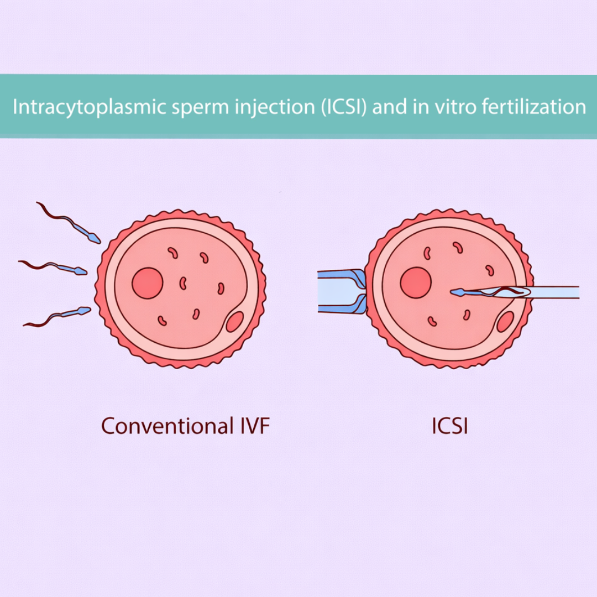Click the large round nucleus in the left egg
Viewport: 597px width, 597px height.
(x=148, y=283)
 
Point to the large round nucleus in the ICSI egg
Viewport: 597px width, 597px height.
(x=416, y=282)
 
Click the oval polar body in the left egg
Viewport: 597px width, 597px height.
(x=235, y=322)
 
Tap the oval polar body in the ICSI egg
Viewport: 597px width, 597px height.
(x=505, y=322)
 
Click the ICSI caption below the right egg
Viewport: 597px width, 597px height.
(x=449, y=426)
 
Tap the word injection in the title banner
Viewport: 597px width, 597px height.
(x=271, y=107)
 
